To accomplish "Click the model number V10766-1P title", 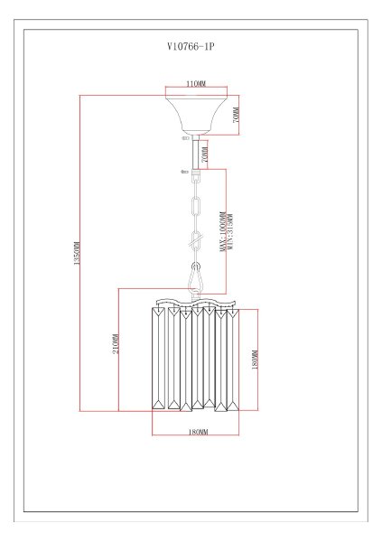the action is pos(191,46).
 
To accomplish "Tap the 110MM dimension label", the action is pos(196,84).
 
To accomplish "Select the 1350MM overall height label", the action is pos(77,253).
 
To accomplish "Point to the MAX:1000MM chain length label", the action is pos(223,231).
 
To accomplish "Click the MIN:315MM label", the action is pos(230,232).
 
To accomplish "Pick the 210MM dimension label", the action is pos(116,343).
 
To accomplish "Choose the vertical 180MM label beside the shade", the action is pos(255,360).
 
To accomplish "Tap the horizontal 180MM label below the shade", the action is pos(199,432).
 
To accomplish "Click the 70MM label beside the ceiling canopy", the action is pos(236,116).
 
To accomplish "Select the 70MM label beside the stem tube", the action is pos(204,154).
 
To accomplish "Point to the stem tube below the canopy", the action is pos(196,153).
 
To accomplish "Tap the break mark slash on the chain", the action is pos(196,239).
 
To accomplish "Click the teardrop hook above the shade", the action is pos(196,277).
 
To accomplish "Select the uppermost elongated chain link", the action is pos(196,207).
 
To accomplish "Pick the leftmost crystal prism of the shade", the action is pos(158,358).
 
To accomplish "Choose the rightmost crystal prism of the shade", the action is pos(233,360).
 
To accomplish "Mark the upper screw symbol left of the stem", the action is pos(186,138).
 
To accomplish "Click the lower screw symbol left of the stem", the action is pos(184,172).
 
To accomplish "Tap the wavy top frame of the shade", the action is pos(196,302).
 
